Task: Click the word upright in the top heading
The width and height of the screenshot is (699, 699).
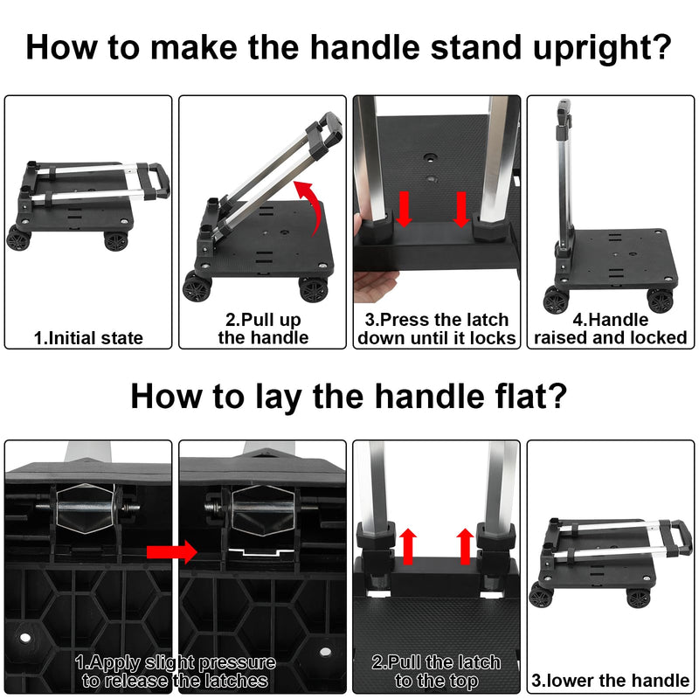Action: (x=602, y=47)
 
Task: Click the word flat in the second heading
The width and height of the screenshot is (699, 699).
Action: (x=526, y=396)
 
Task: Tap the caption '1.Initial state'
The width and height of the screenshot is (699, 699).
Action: (x=88, y=338)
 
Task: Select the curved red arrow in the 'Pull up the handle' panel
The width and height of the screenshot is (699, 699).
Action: (x=310, y=205)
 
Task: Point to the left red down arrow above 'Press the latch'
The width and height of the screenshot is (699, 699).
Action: (x=404, y=209)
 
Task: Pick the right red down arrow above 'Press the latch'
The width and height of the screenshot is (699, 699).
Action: (x=461, y=209)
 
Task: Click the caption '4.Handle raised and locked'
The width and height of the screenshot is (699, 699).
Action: (x=610, y=329)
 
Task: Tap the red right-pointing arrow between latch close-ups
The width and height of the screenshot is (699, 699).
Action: (x=171, y=552)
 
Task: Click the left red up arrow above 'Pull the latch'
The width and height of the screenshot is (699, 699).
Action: (x=408, y=547)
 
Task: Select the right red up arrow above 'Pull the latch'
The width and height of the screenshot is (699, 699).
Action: (x=465, y=547)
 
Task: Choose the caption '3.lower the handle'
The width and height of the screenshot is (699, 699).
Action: (x=610, y=681)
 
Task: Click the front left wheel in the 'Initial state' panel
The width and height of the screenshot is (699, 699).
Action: (x=18, y=238)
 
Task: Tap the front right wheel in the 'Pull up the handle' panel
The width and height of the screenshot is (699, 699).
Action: (x=314, y=289)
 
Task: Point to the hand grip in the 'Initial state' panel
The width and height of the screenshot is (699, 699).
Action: (x=161, y=181)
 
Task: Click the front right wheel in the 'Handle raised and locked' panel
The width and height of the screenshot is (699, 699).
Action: (x=660, y=301)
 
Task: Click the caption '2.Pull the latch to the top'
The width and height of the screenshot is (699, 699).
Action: (x=436, y=671)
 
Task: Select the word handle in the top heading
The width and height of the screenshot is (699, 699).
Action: (x=364, y=47)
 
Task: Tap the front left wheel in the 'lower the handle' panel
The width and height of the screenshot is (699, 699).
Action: (x=541, y=595)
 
